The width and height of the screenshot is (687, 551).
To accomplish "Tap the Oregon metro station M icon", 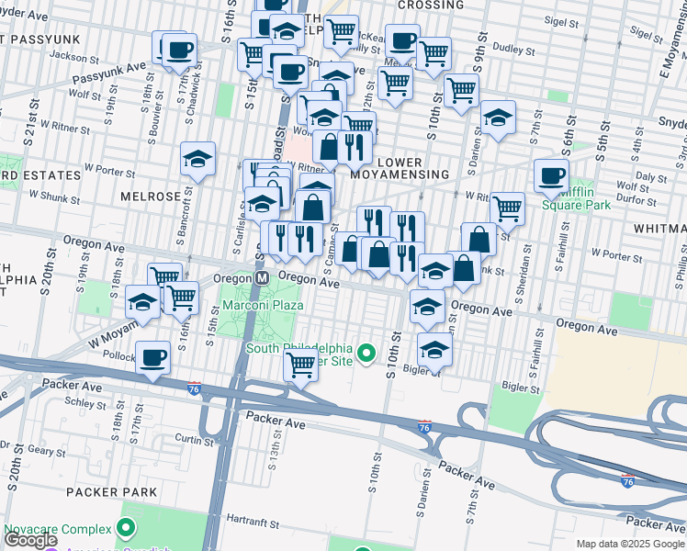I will (x=262, y=277).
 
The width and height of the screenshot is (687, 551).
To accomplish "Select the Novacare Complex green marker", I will (x=127, y=529).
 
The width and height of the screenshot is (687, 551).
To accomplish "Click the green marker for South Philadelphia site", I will (x=367, y=353).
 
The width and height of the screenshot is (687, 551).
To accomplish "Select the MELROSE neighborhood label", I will (x=151, y=197).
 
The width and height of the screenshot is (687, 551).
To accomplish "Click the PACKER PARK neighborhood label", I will (x=112, y=492).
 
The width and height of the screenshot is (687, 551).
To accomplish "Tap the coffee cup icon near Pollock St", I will (x=152, y=356).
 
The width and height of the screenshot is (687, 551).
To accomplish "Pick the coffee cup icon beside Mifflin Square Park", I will (x=551, y=175).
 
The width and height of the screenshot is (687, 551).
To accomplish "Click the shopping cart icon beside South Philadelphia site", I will (x=300, y=364).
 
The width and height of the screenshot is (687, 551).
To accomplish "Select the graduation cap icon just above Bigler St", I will (x=434, y=348).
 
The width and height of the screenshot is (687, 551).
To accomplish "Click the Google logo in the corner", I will (x=30, y=540).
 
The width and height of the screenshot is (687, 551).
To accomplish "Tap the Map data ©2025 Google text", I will (x=630, y=544).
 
